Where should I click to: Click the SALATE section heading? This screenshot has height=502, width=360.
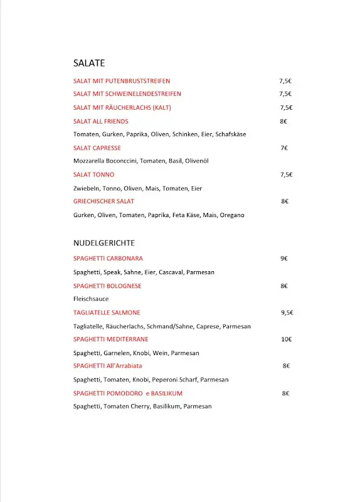[x=88, y=63]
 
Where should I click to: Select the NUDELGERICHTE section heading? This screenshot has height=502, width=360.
[x=104, y=243]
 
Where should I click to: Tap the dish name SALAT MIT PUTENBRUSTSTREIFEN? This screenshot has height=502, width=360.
[x=122, y=81]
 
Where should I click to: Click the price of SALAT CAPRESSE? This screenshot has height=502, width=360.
[x=284, y=148]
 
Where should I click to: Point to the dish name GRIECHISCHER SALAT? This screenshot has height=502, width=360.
[x=103, y=201]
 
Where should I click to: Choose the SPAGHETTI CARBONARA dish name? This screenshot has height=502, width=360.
[x=108, y=259]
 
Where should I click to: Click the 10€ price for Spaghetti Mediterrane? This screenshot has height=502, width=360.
[x=286, y=339]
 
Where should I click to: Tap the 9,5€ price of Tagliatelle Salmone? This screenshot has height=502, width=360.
[x=287, y=312]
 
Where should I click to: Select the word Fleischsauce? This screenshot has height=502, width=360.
[x=91, y=299]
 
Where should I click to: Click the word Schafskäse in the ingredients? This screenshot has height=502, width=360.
[x=230, y=134]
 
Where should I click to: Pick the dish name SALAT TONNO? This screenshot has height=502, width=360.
[x=94, y=174]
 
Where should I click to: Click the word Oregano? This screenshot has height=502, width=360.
[x=232, y=215]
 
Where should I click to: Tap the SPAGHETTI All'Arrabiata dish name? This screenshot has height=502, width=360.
[x=108, y=366]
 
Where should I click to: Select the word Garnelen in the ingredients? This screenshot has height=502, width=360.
[x=117, y=353]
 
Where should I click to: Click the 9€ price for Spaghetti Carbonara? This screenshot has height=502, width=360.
[x=284, y=259]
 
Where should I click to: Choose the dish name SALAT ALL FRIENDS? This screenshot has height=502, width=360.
[x=101, y=121]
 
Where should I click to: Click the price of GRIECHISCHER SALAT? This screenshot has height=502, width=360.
[x=285, y=201]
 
